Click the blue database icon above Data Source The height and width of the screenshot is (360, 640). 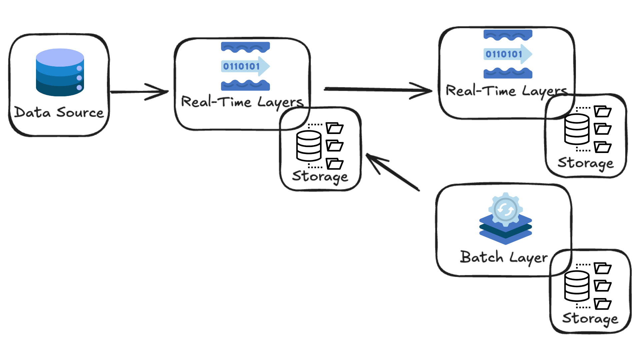tap(60, 72)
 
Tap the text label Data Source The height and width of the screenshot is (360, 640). tap(59, 113)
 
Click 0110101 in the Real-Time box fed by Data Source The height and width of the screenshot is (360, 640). tap(241, 66)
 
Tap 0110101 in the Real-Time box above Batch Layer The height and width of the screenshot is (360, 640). tap(504, 54)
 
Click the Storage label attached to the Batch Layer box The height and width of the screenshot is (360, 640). tap(590, 318)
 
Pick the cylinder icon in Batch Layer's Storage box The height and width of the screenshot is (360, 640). tap(577, 286)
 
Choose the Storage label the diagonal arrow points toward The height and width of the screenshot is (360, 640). tap(320, 176)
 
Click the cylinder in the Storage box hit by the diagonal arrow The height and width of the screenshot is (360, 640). tap(309, 146)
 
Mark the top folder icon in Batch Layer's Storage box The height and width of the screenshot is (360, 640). tap(603, 268)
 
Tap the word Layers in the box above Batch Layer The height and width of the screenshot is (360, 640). tap(544, 91)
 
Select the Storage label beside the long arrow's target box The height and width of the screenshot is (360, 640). tap(586, 163)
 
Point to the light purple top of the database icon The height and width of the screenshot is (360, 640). tap(60, 56)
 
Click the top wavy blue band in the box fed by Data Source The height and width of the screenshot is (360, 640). tap(245, 47)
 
